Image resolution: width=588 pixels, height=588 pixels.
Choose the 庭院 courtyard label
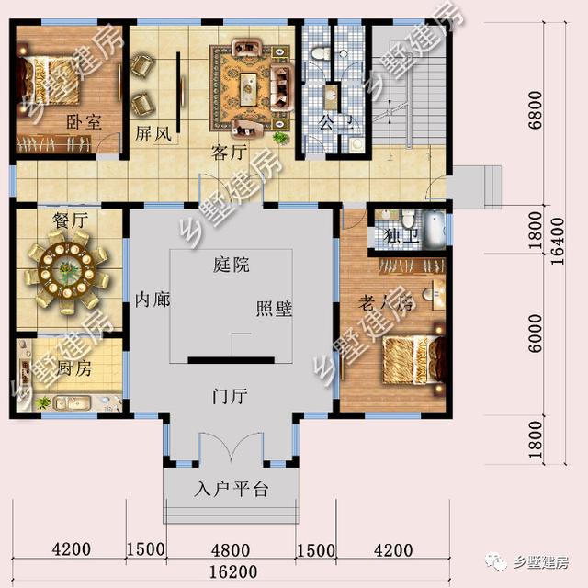(x=231, y=265)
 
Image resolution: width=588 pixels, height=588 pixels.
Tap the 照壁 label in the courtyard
(x=273, y=310)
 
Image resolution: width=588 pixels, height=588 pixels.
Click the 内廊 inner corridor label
(x=153, y=300)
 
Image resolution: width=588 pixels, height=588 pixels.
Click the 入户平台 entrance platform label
(x=232, y=489)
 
